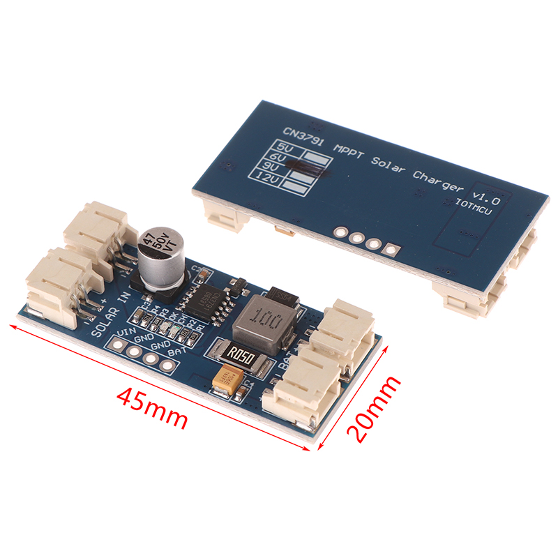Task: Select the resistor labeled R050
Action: [x=240, y=351]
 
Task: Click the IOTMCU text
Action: [x=476, y=204]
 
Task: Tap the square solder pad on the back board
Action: [x=392, y=248]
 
